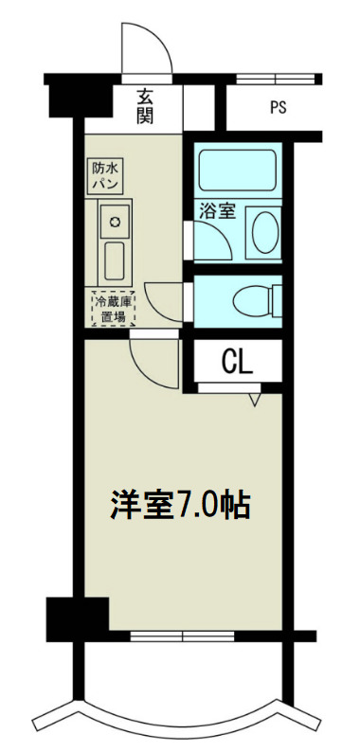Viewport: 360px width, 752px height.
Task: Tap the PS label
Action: tap(278, 107)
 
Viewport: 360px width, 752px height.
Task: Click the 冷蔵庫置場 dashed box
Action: tap(114, 309)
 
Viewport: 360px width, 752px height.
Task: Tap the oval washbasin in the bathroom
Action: tap(264, 230)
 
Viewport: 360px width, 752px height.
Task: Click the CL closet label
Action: tap(237, 361)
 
